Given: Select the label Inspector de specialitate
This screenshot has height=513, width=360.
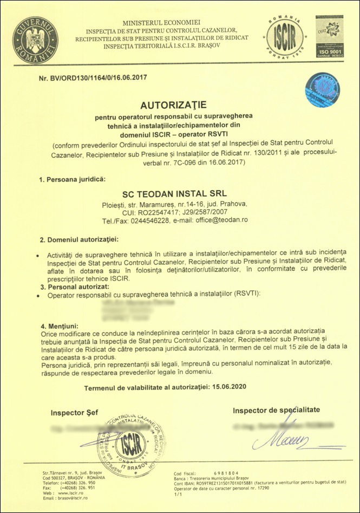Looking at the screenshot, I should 277,410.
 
